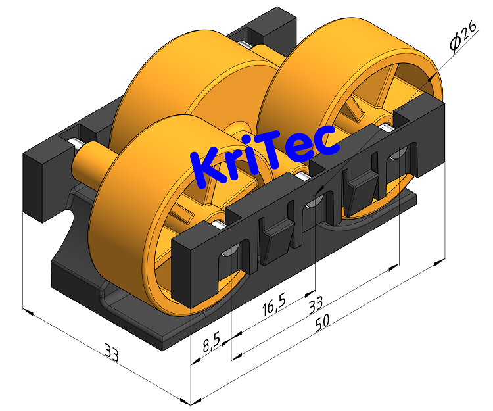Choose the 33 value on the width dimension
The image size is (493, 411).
coord(112,354)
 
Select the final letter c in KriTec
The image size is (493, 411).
coord(327,140)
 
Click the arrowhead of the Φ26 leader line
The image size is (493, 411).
coord(431,79)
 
